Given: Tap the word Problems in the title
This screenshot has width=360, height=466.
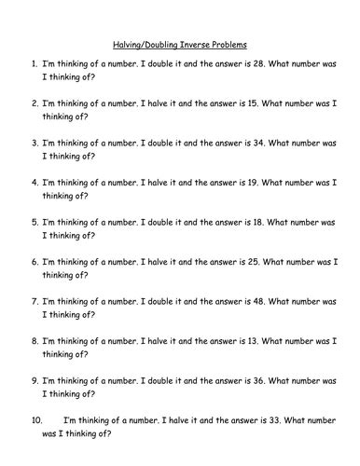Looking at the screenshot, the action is (238, 43).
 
